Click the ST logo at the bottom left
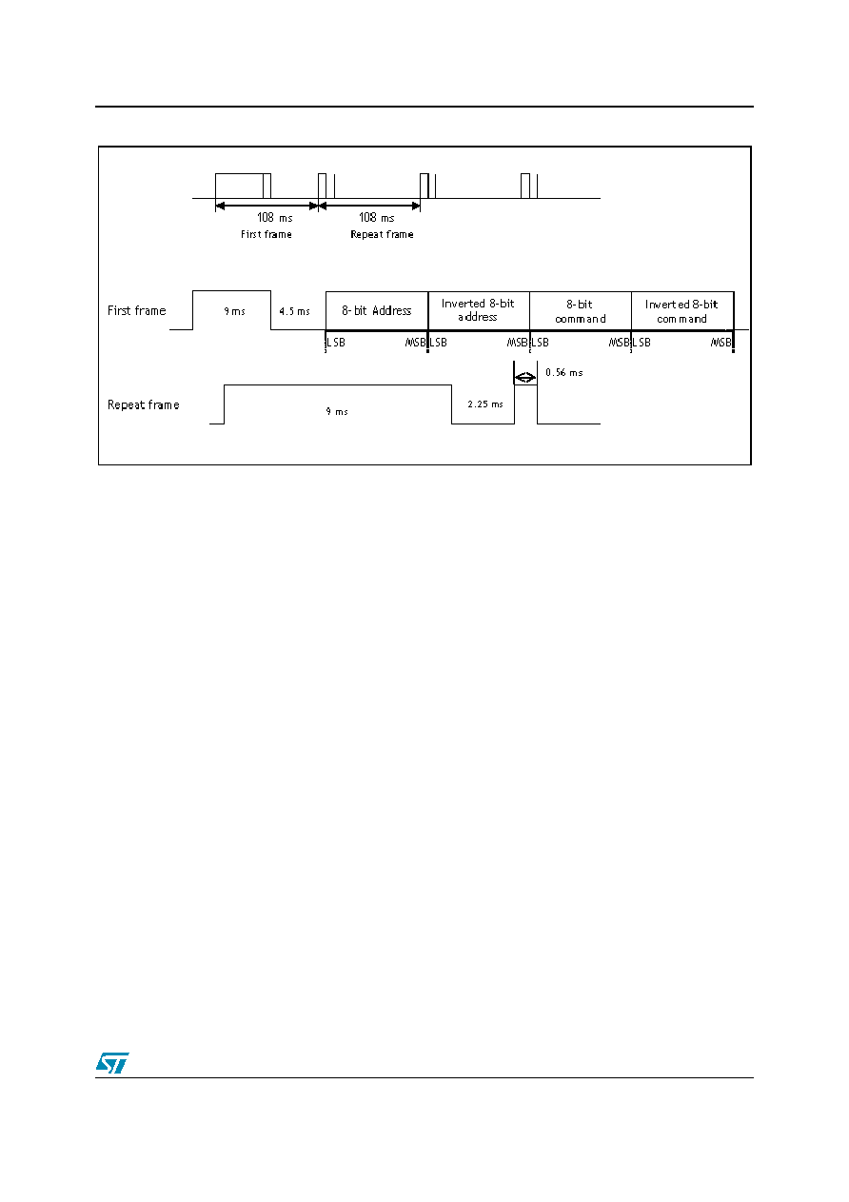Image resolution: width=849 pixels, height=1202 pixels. point(112,1062)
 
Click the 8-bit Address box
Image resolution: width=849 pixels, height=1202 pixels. point(377,310)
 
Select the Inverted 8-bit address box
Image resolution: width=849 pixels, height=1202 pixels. point(479,310)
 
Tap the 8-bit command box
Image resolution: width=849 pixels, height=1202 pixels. point(581,310)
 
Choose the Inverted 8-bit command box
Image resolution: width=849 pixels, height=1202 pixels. point(682,310)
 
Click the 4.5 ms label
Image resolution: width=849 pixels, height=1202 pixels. point(294,311)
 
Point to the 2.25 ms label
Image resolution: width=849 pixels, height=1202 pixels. point(485,404)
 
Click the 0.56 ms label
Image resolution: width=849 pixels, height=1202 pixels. point(564,372)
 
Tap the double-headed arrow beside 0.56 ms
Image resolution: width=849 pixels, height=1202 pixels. point(524,377)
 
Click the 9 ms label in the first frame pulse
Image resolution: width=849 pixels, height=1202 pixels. point(234,311)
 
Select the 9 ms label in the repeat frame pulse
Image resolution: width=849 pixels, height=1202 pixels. point(337,411)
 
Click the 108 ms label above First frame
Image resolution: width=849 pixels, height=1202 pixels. point(275,217)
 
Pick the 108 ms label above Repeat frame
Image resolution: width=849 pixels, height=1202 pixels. point(377,217)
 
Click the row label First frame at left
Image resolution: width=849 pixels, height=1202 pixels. point(137,310)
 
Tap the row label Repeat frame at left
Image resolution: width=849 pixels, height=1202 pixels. point(144,404)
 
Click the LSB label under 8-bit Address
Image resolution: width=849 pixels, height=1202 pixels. point(336,343)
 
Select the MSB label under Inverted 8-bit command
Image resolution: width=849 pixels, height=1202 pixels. point(721,343)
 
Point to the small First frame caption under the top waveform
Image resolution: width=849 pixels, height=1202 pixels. point(267,234)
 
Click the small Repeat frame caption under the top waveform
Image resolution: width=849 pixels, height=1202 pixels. point(382,234)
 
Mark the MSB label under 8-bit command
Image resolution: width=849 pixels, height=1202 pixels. point(619,343)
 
